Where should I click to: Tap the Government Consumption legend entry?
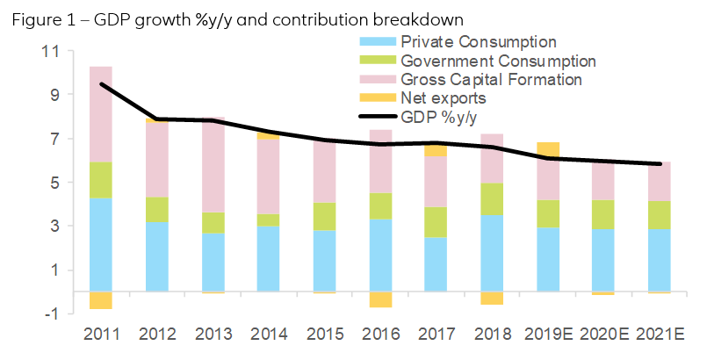(x=498, y=61)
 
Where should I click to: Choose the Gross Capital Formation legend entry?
(x=491, y=79)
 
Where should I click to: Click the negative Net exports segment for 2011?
(x=101, y=300)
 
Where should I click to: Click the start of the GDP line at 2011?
(x=102, y=84)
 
